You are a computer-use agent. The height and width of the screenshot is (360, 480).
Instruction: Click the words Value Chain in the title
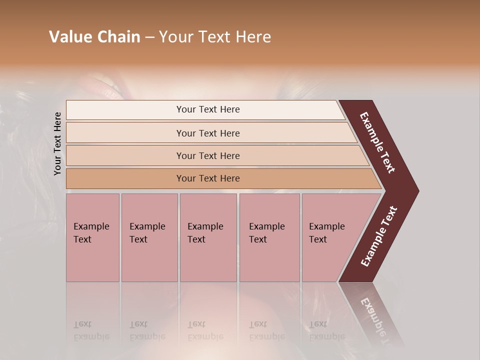click(94, 37)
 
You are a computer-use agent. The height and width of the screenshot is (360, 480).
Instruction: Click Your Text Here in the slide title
click(215, 37)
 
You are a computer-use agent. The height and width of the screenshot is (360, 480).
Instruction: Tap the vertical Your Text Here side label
click(57, 143)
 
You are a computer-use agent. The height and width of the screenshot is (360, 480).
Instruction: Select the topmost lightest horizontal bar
click(207, 109)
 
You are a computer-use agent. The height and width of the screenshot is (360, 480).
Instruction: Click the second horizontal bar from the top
click(207, 133)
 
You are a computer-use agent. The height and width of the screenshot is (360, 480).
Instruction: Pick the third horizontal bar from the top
click(207, 155)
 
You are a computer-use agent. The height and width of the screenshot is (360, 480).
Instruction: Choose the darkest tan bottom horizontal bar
click(207, 178)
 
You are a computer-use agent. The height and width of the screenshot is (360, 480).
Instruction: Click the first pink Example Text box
click(92, 237)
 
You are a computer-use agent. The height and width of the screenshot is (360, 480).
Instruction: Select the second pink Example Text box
click(149, 237)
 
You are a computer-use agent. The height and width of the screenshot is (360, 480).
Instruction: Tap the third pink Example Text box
click(208, 237)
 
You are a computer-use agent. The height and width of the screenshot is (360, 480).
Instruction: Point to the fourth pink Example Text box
click(269, 237)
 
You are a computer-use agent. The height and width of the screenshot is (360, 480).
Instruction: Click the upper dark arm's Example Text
click(377, 142)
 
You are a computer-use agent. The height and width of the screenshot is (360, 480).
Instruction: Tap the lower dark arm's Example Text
click(378, 236)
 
